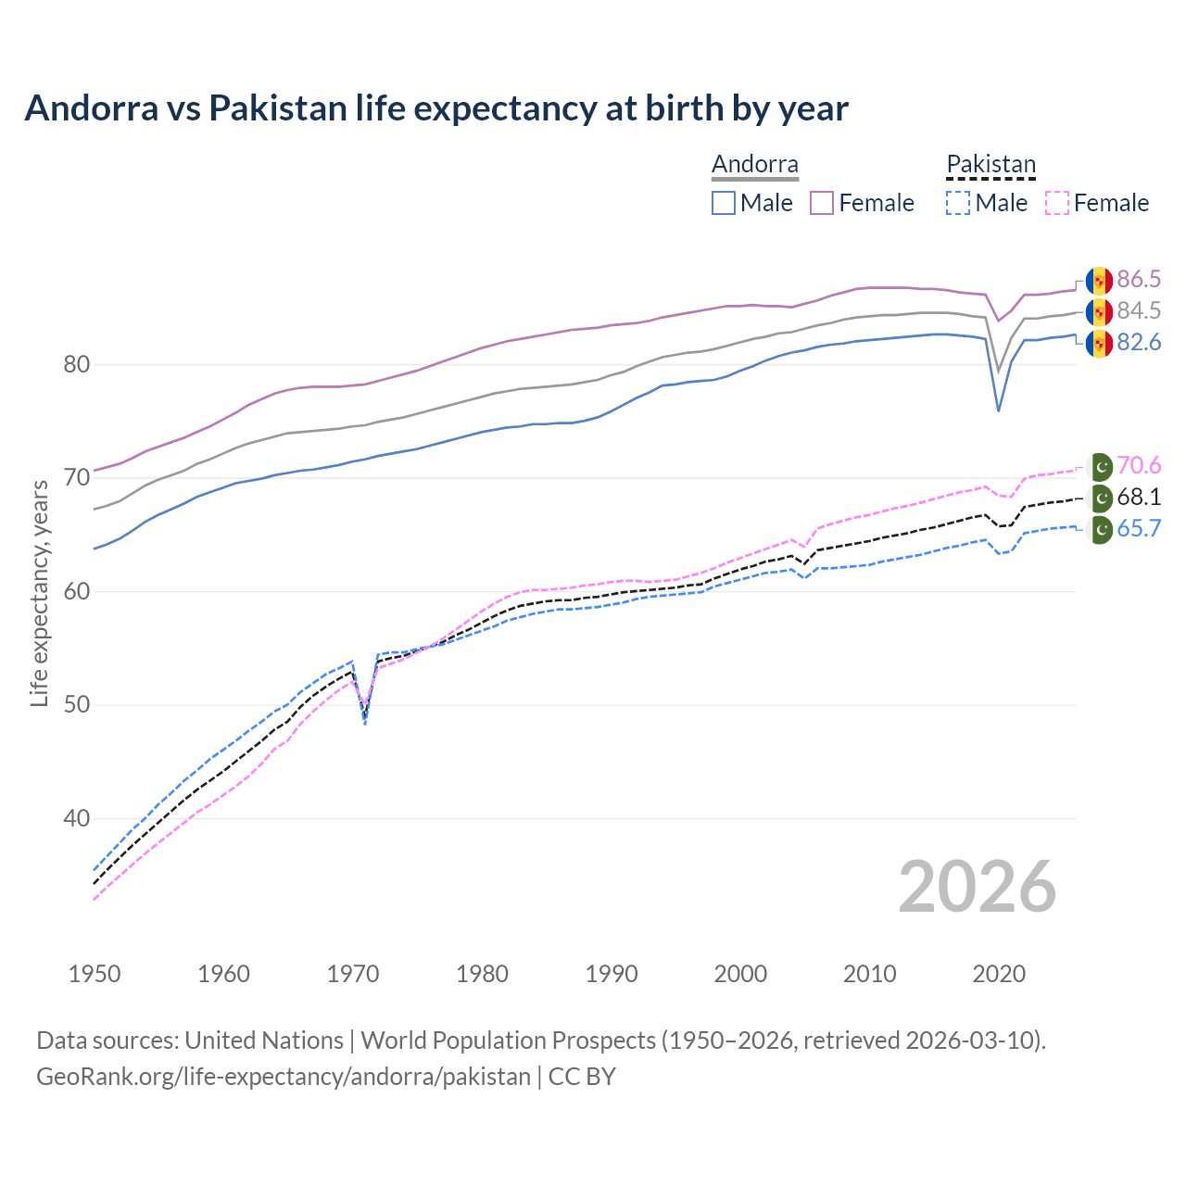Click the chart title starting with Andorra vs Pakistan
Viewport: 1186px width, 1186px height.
[436, 108]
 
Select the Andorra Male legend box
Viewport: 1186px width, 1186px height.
[724, 203]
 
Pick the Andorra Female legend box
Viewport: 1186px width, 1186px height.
[822, 203]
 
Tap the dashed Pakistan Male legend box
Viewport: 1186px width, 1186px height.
[958, 203]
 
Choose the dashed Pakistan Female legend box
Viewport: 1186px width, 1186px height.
[1057, 203]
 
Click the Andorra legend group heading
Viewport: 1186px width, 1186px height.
[754, 165]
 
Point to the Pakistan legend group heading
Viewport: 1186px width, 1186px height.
[990, 165]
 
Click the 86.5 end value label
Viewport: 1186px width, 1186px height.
[1139, 280]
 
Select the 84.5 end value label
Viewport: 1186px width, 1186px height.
[1139, 311]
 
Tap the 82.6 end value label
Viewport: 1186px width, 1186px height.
[1139, 343]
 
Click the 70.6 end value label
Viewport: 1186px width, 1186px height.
[1139, 465]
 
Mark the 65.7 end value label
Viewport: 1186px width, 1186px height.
[1139, 529]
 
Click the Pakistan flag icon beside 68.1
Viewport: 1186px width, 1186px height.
[1100, 498]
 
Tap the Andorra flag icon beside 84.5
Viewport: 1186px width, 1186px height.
[1099, 311]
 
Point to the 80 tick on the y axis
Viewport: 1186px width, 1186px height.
[77, 365]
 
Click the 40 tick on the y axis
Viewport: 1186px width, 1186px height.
[77, 819]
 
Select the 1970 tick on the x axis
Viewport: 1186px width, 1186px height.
[353, 974]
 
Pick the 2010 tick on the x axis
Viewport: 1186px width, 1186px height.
[869, 974]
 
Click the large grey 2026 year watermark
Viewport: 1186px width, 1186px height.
[977, 887]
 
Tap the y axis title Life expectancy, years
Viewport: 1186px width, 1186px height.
[39, 593]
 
